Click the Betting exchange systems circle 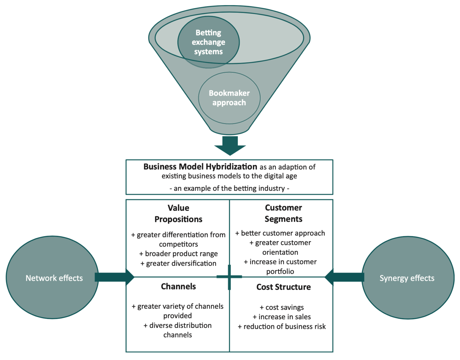(x=208, y=42)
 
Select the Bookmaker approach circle (x=229, y=98)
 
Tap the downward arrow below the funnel (x=230, y=145)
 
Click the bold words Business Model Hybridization (x=200, y=167)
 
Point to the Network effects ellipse (x=52, y=278)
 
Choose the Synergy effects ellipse (x=408, y=278)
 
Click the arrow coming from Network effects (x=114, y=277)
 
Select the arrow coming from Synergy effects (x=344, y=277)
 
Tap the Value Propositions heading (x=178, y=213)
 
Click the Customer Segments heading (x=283, y=213)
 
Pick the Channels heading (x=178, y=287)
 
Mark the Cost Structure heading (x=283, y=287)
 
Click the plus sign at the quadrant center (x=229, y=277)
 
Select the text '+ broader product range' (x=178, y=254)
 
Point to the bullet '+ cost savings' (x=282, y=307)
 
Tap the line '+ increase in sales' (x=282, y=317)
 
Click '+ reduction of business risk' (x=282, y=326)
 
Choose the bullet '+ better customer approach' (x=280, y=233)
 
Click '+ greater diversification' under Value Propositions (x=178, y=263)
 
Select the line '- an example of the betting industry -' (x=229, y=188)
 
